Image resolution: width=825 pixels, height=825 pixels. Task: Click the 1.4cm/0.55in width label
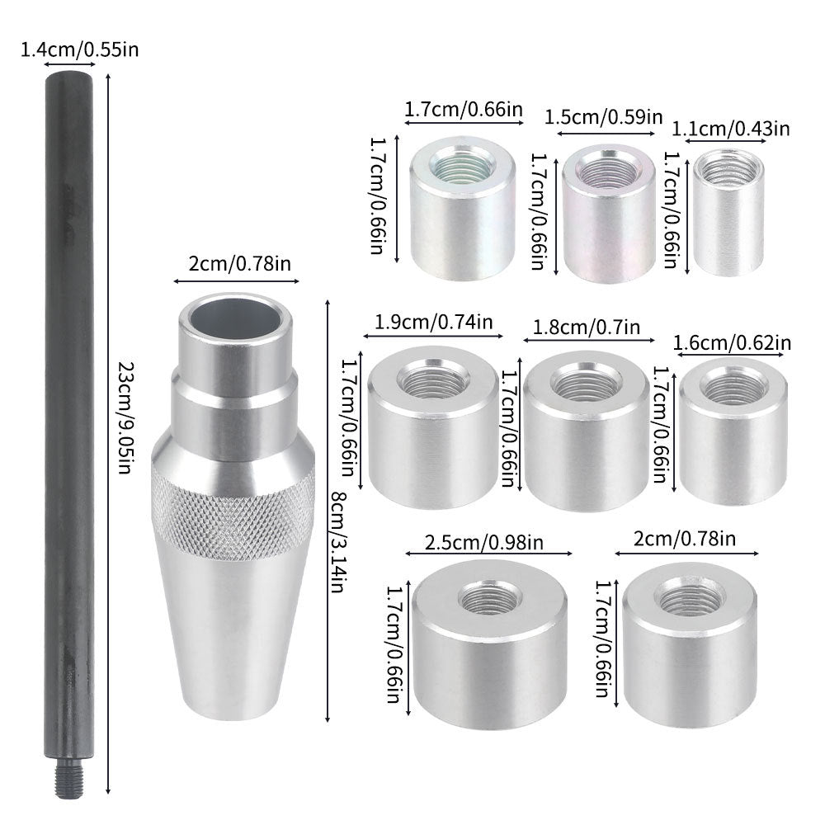pos(79,49)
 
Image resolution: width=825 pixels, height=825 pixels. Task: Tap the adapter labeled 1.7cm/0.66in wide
pos(462,210)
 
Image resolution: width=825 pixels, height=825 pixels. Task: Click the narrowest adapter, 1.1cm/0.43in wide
pos(727,213)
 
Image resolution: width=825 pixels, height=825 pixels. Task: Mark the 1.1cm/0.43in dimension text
pos(732,128)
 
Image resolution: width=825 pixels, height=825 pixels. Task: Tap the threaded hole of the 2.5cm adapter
pos(489,596)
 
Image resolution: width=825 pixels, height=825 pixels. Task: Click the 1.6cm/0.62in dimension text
pos(733,342)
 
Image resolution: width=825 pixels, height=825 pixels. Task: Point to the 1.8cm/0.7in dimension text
pos(587,328)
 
